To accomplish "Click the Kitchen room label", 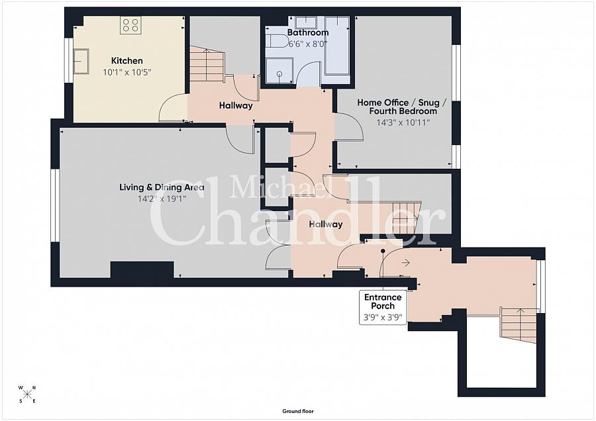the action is (127, 61).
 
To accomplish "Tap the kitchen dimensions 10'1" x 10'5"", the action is (127, 72).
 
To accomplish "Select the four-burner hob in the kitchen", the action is (130, 25).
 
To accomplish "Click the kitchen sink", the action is (81, 61).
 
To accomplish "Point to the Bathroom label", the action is (308, 32).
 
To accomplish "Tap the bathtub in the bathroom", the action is (337, 46).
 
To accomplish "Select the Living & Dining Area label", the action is (162, 187).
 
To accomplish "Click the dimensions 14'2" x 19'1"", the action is (162, 199).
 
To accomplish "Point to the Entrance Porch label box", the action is (383, 307).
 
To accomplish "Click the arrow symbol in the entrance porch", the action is (405, 263).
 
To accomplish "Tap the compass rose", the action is (27, 394).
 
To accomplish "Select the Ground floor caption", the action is (298, 411).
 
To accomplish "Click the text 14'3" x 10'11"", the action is (403, 122).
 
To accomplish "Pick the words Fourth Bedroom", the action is (403, 111).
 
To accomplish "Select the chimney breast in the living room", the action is (142, 269).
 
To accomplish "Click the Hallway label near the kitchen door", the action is (236, 106).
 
